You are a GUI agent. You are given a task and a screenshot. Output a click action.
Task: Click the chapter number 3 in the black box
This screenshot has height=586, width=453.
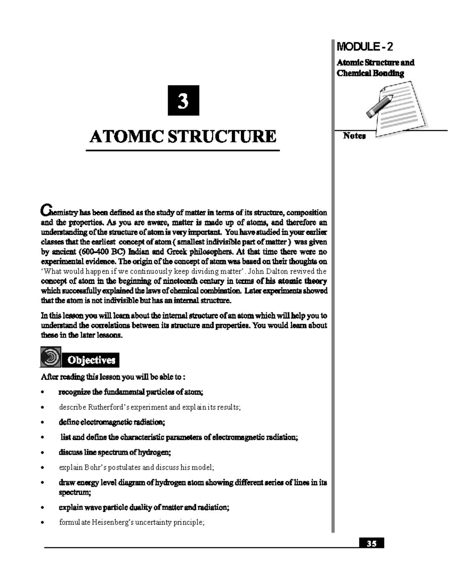pos(183,101)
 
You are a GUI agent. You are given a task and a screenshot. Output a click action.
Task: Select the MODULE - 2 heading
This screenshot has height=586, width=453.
pos(364,47)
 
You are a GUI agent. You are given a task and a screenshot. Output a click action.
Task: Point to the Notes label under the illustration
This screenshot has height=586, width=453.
pos(354,136)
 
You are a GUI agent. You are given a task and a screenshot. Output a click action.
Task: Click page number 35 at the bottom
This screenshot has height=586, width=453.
pos(371,544)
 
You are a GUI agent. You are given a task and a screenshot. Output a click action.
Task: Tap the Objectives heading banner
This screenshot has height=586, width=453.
pos(91,360)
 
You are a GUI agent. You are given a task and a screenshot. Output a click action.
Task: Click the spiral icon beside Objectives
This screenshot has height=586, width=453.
pos(50,357)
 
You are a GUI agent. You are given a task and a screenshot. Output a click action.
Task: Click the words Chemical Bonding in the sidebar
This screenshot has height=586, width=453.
pos(370,73)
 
